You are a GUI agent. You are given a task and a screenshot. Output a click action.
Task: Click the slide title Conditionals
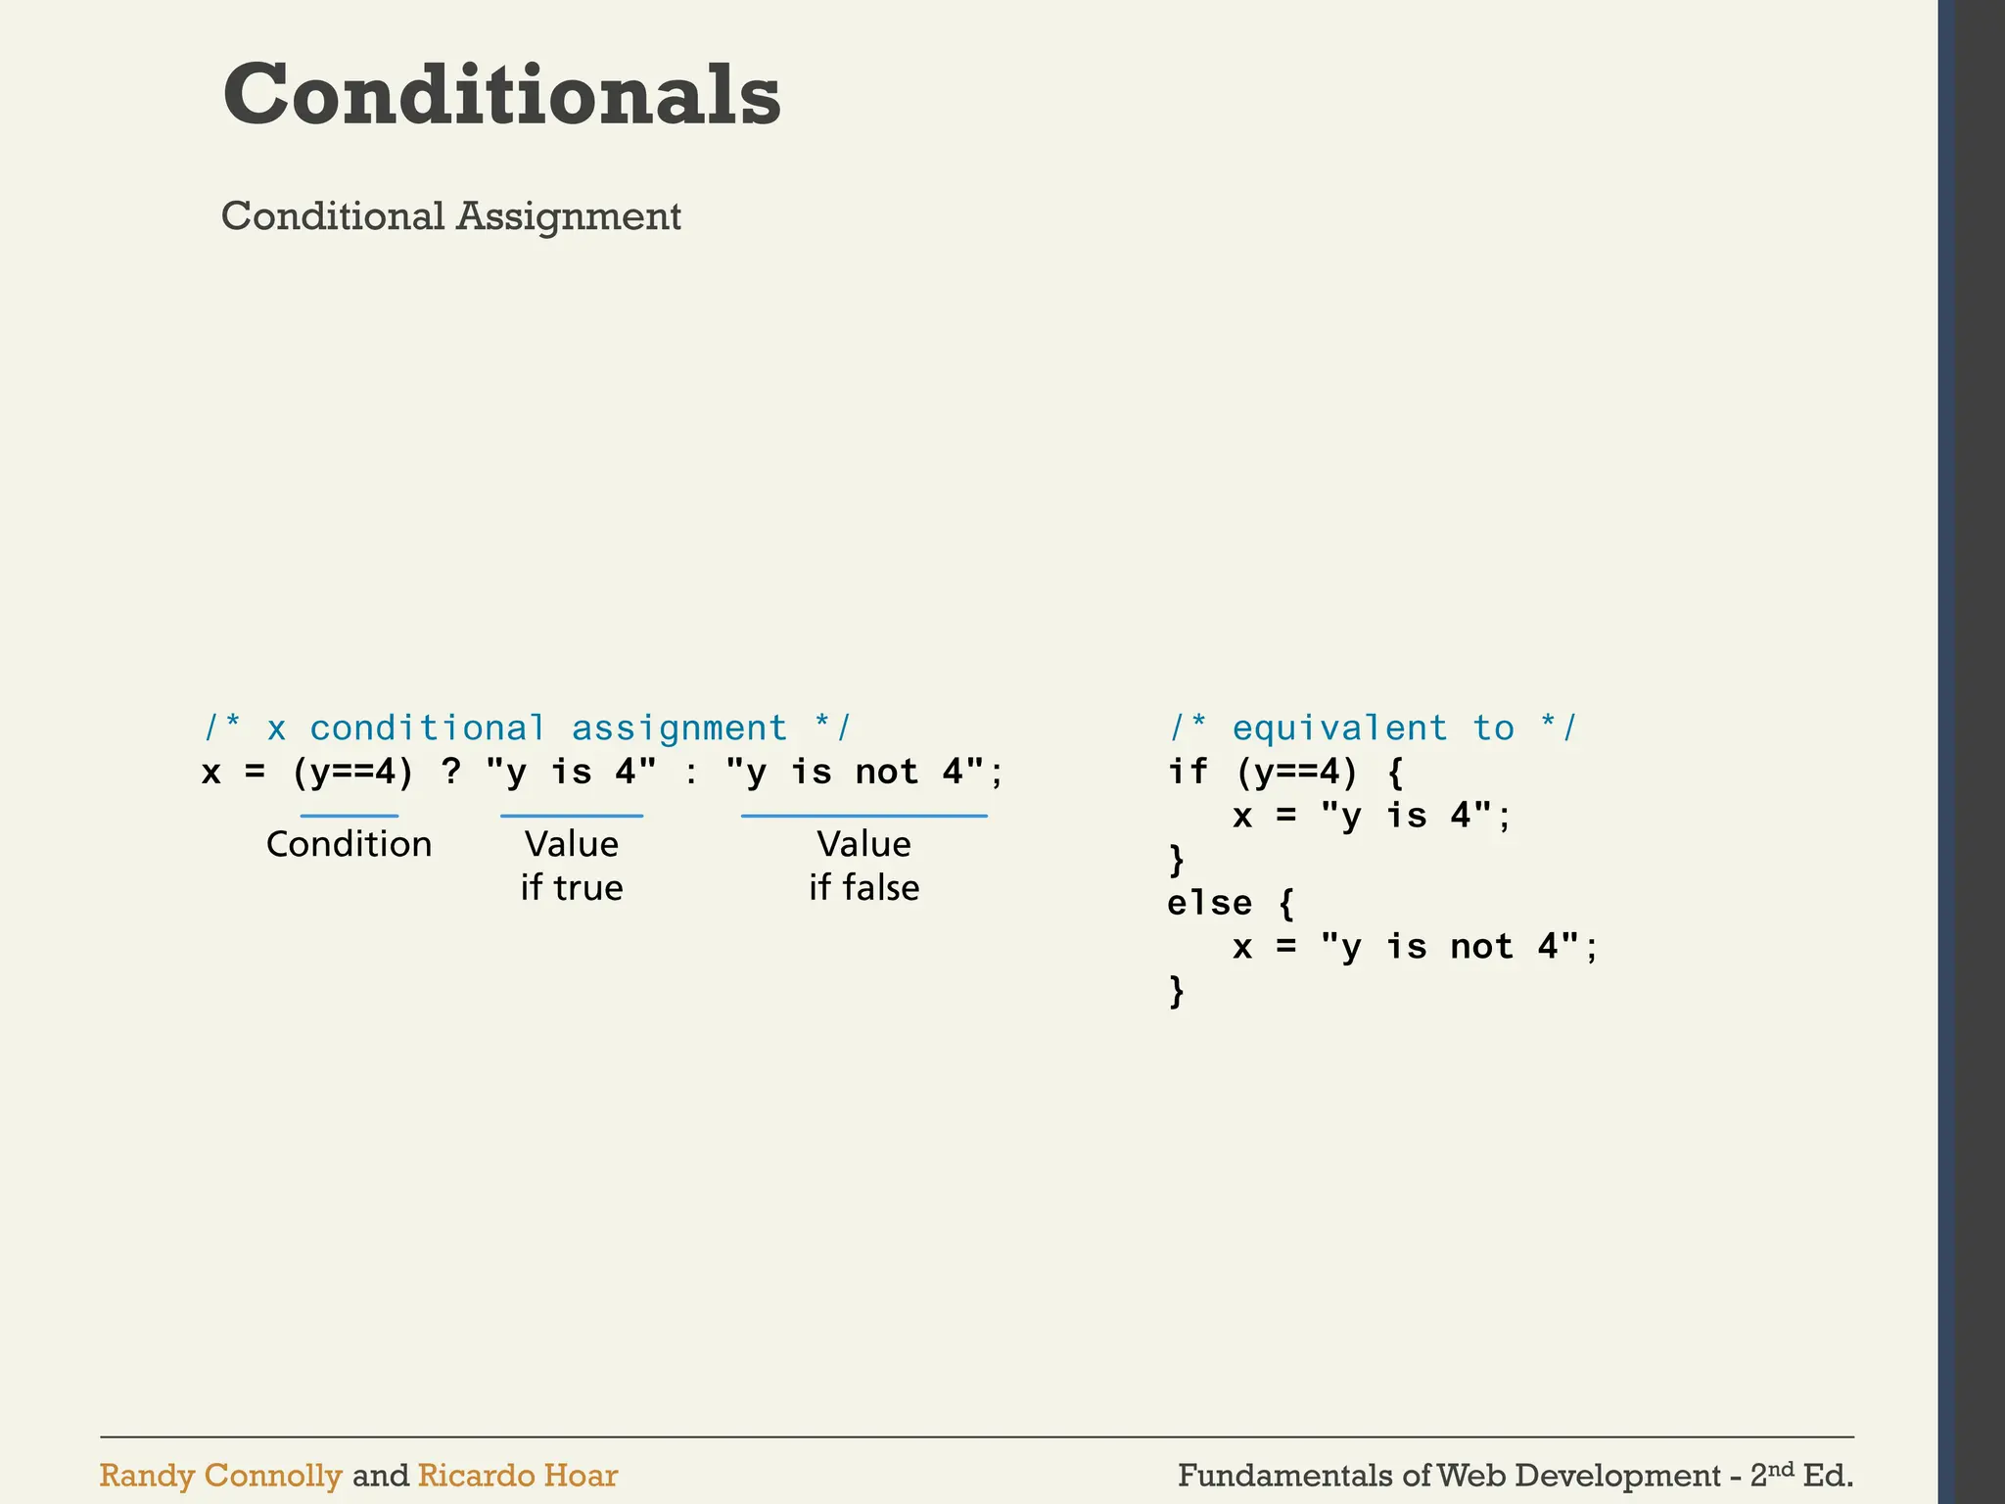[501, 95]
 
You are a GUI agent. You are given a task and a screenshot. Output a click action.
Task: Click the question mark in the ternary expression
[450, 772]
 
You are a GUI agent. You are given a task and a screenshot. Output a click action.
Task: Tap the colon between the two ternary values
[691, 774]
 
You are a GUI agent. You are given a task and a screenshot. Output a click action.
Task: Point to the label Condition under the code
[349, 844]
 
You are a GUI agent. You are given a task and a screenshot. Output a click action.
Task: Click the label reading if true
[572, 888]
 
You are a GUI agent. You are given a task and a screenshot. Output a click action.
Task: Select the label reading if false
[863, 888]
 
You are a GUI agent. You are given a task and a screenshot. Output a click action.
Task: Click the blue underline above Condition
[349, 816]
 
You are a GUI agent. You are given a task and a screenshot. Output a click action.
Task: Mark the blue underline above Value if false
[863, 816]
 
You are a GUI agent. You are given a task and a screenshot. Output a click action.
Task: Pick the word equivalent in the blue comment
[1339, 728]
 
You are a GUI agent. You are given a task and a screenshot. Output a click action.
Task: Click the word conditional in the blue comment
[428, 728]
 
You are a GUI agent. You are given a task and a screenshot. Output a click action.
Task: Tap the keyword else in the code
[1209, 903]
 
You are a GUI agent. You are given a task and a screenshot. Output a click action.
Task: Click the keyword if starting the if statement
[1188, 772]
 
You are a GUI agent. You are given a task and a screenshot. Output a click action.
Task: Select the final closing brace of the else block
[1177, 991]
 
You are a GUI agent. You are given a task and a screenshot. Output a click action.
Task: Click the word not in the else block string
[1482, 947]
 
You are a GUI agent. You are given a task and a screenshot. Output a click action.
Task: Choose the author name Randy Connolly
[220, 1476]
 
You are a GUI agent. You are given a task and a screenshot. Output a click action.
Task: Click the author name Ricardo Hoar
[517, 1476]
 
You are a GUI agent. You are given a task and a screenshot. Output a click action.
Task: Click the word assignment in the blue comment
[679, 728]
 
